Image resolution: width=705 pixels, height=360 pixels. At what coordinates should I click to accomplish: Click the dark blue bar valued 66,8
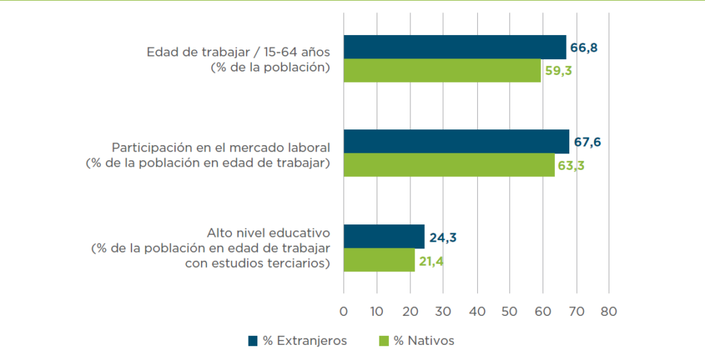(x=454, y=47)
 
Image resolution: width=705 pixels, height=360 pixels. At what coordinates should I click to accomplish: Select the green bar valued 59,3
(x=442, y=71)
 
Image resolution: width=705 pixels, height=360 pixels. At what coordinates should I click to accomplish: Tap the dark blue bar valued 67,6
(x=456, y=141)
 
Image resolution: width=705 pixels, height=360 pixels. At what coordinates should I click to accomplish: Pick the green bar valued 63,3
(x=449, y=165)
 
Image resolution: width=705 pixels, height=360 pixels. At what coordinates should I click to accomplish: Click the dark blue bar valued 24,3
(x=383, y=236)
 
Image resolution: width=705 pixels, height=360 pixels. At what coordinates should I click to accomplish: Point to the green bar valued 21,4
(x=379, y=260)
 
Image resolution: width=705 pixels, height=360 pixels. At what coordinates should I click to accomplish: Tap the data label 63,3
(x=571, y=166)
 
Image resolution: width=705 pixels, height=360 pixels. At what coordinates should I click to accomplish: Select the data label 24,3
(x=442, y=238)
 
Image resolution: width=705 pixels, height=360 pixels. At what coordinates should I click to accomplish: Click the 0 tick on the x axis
(x=344, y=310)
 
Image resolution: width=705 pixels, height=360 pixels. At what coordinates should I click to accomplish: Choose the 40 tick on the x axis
(x=476, y=310)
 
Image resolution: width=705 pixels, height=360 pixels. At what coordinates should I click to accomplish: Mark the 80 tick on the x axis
(x=609, y=310)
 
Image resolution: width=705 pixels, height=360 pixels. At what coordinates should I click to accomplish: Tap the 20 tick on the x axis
(x=410, y=310)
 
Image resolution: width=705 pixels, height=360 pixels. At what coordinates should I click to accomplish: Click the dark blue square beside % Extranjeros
(x=253, y=341)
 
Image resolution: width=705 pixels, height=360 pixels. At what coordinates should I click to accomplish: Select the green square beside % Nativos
(x=383, y=341)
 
